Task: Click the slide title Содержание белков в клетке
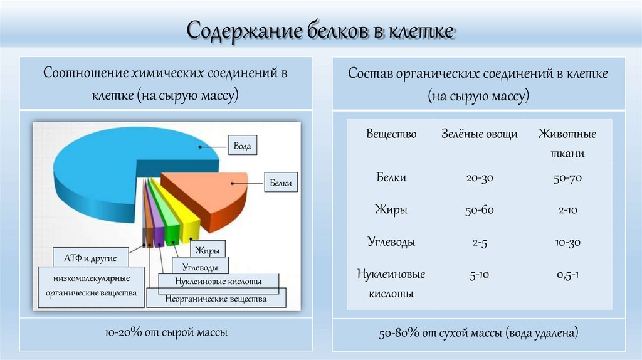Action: [x=320, y=30]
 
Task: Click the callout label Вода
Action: [x=243, y=146]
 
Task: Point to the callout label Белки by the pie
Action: [x=280, y=183]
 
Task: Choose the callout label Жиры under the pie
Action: [x=206, y=251]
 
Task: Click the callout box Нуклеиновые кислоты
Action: [x=218, y=282]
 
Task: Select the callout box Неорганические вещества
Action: [x=216, y=299]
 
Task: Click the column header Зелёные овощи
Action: [x=480, y=134]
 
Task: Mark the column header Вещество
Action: [x=391, y=134]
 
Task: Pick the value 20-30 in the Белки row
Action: [x=480, y=178]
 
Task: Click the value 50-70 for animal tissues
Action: [x=567, y=178]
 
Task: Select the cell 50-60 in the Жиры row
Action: [x=480, y=210]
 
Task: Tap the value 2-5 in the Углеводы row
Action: [x=480, y=243]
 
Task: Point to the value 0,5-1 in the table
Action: [x=567, y=275]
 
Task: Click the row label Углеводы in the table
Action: [x=391, y=242]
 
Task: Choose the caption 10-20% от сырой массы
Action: [x=167, y=332]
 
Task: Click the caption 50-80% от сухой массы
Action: [x=478, y=333]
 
